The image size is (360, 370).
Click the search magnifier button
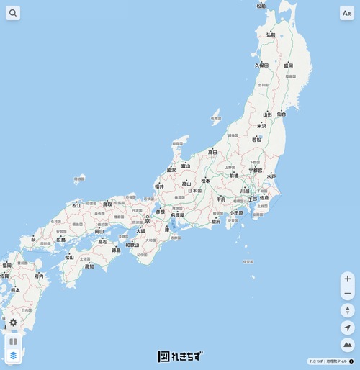click(13, 13)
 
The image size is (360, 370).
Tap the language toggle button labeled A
click(347, 13)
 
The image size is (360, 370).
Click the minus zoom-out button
click(348, 293)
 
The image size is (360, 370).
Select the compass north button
click(348, 310)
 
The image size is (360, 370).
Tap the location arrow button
click(348, 328)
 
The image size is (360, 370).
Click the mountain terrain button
click(348, 345)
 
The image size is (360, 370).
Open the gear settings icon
click(13, 322)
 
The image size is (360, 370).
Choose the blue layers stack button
click(13, 355)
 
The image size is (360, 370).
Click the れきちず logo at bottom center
click(180, 356)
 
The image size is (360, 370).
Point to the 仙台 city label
click(281, 114)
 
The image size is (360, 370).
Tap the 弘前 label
click(271, 35)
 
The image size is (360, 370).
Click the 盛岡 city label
click(288, 66)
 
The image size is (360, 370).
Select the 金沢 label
click(171, 170)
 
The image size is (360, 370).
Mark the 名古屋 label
click(177, 215)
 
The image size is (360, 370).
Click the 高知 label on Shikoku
click(89, 266)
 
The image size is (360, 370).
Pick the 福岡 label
click(6, 266)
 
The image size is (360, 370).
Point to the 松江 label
click(77, 205)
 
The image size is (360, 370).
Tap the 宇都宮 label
click(256, 171)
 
